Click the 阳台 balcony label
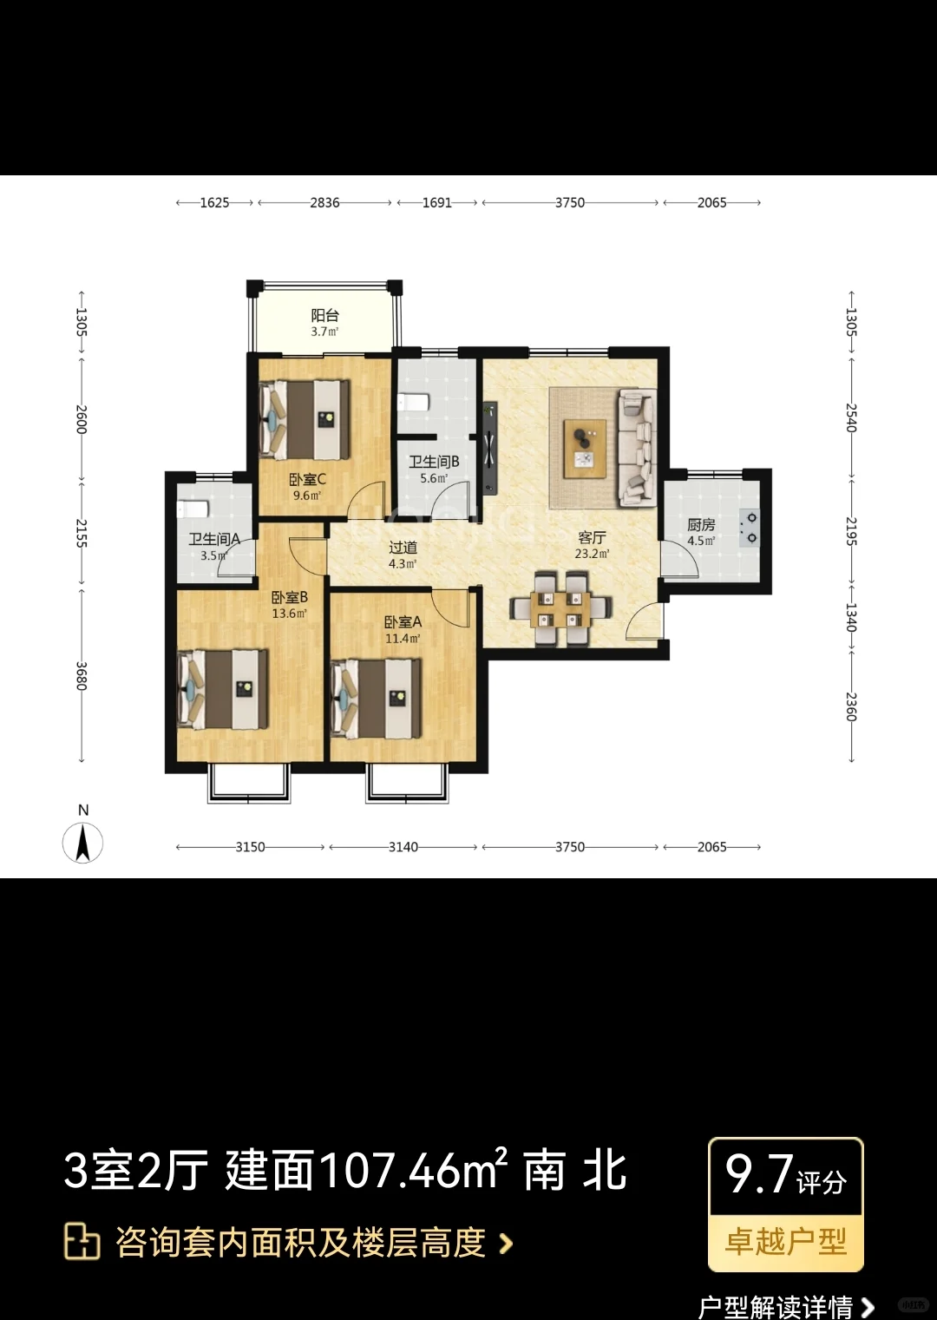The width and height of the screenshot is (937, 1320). click(325, 315)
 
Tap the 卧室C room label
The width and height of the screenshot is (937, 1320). click(307, 479)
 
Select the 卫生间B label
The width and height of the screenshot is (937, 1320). click(434, 462)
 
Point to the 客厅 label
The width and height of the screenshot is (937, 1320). click(592, 537)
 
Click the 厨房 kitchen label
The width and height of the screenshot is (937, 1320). click(701, 524)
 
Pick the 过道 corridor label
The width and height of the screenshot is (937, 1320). click(403, 548)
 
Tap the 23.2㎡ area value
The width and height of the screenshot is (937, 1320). click(592, 554)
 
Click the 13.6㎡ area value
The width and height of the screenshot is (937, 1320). click(289, 614)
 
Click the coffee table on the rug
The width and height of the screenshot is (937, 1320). click(586, 449)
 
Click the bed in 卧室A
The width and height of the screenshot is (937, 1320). click(376, 699)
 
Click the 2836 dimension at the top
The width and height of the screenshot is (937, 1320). click(324, 203)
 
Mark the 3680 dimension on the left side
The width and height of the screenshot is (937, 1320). click(82, 677)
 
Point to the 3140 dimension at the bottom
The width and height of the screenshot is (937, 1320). click(403, 847)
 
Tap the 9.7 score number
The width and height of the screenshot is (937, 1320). click(758, 1174)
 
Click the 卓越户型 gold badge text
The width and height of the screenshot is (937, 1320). click(786, 1242)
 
